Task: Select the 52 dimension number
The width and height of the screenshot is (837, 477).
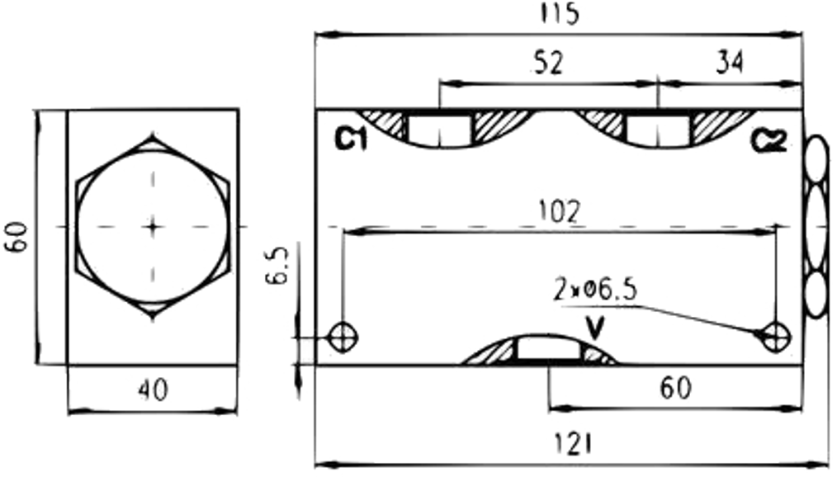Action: (548, 63)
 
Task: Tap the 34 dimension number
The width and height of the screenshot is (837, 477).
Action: (730, 63)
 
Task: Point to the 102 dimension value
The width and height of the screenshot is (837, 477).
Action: (558, 212)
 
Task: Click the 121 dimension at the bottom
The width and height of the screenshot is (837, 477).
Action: (573, 444)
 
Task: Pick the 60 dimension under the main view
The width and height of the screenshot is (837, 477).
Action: (676, 389)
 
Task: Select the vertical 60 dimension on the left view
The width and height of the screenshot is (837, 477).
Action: (16, 237)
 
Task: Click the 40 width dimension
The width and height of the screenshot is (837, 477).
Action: (154, 390)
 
